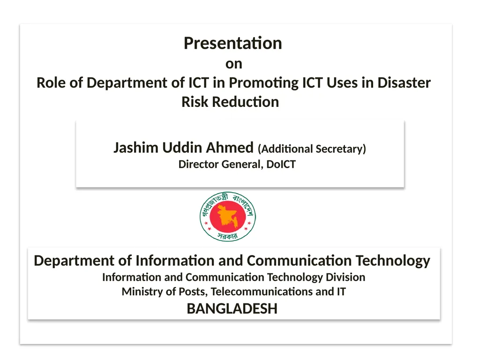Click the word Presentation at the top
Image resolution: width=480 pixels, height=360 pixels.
(232, 43)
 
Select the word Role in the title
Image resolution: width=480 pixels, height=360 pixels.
(51, 83)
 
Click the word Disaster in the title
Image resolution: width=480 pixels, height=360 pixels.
(404, 83)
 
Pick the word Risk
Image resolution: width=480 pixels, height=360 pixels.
(195, 102)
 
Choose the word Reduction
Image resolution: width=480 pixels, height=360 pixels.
(246, 102)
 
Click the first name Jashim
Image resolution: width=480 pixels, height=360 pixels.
(136, 148)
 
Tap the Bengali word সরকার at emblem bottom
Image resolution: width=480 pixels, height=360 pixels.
(228, 236)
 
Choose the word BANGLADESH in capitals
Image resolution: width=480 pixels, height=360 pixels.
(232, 309)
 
